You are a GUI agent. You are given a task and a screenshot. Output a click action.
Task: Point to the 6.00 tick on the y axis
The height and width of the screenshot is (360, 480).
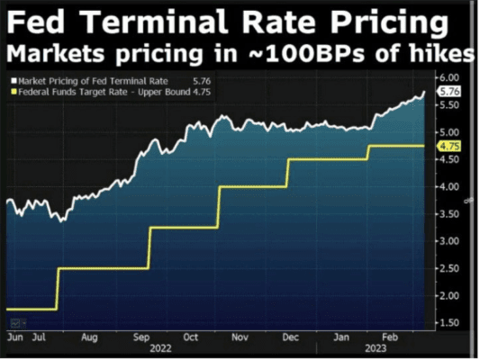pos(452,77)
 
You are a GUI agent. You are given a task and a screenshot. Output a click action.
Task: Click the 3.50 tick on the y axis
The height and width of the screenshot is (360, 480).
pos(452,213)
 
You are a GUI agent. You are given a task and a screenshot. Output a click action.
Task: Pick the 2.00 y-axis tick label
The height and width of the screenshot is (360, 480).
pos(452,295)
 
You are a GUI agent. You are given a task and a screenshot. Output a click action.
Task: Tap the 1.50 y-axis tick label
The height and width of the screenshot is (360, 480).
pos(452,322)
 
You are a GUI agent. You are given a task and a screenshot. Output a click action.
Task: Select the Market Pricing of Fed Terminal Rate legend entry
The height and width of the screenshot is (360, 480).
pos(90,79)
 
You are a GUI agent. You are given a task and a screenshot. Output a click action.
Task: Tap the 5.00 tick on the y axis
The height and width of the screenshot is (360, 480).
pos(452,132)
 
